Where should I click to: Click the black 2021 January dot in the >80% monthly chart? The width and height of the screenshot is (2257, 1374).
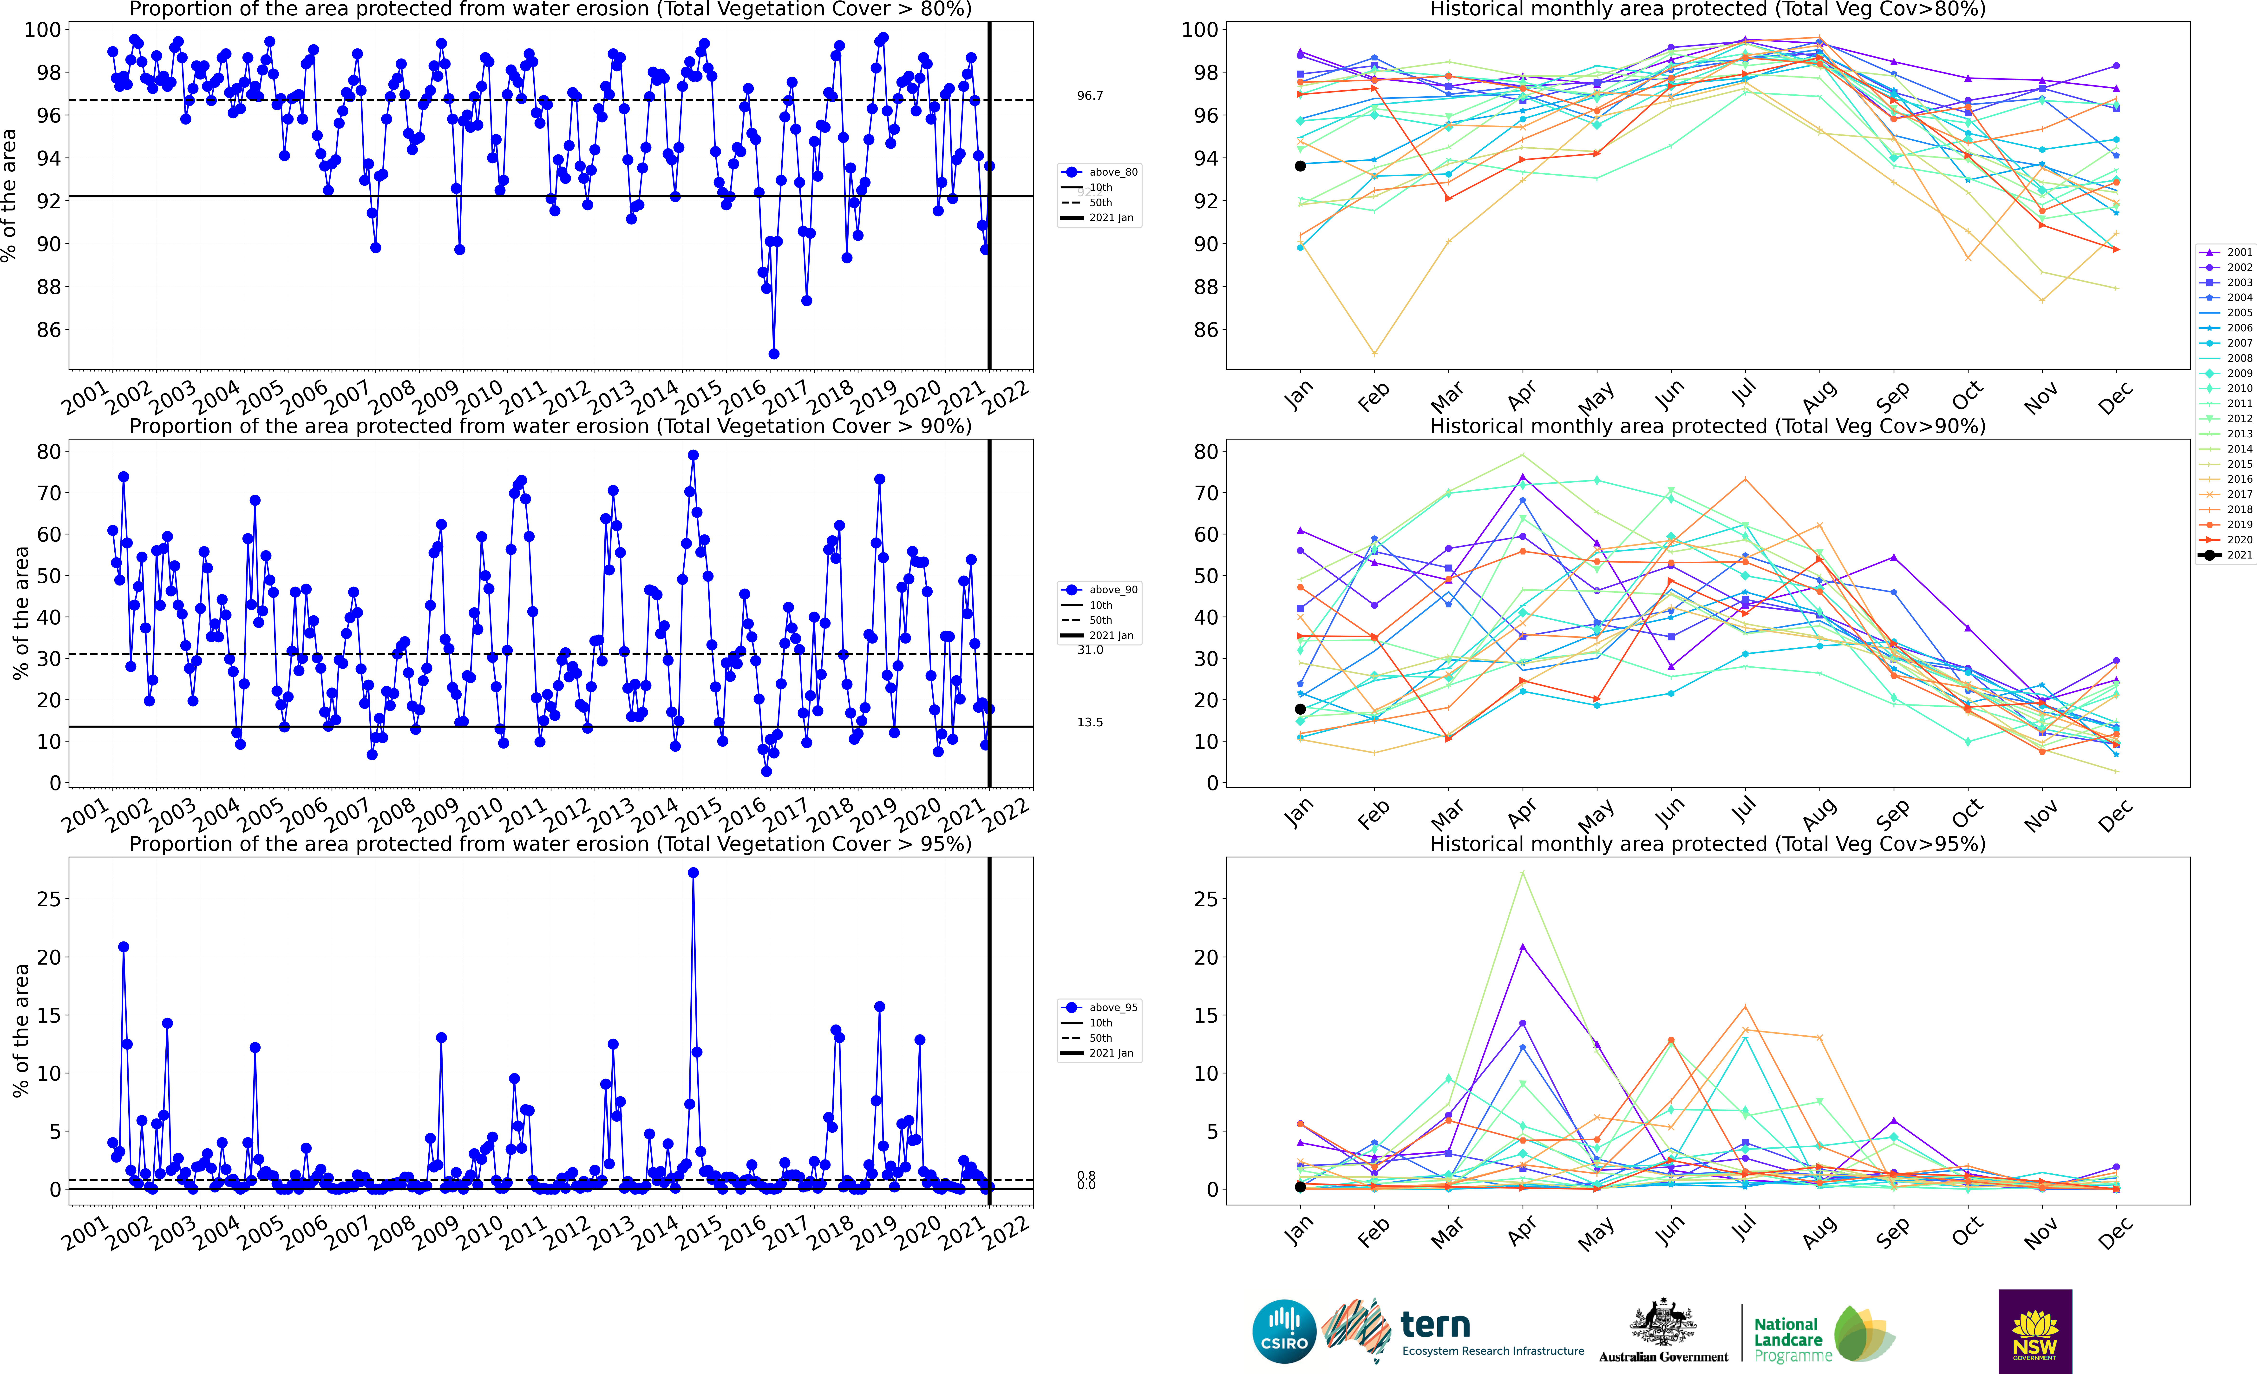tap(1300, 166)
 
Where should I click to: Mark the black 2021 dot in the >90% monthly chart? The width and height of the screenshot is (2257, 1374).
tap(1300, 709)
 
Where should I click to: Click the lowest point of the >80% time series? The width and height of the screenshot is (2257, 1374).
tap(774, 354)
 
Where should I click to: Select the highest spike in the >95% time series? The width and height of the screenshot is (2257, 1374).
tap(693, 873)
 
